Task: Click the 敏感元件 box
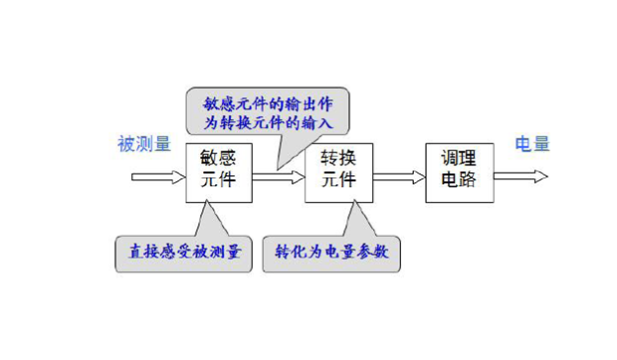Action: click(219, 172)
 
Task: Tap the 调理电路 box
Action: click(460, 172)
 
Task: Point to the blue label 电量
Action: click(531, 143)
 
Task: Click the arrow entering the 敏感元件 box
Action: click(159, 178)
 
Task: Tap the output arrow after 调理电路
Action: click(519, 178)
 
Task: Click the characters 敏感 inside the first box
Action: click(219, 159)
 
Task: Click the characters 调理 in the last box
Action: click(460, 159)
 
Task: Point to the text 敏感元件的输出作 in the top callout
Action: click(266, 99)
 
